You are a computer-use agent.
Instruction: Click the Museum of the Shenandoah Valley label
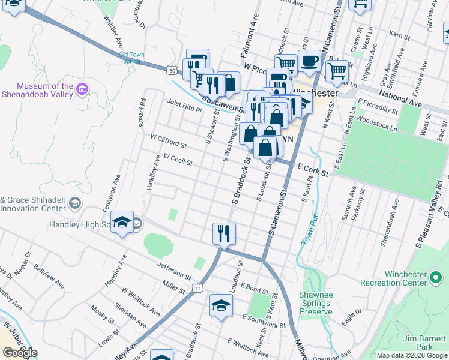pos(37,90)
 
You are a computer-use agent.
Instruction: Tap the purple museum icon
pos(82,91)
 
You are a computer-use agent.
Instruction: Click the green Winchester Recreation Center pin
pos(436,278)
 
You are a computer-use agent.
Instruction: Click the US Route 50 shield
pos(172,70)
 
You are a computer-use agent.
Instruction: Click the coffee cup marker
pos(309,61)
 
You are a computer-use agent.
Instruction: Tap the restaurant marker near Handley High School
pos(224,233)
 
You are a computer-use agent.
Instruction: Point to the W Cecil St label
pos(178,159)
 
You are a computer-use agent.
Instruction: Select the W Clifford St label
pos(169,142)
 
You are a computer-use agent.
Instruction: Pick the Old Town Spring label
pos(130,58)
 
